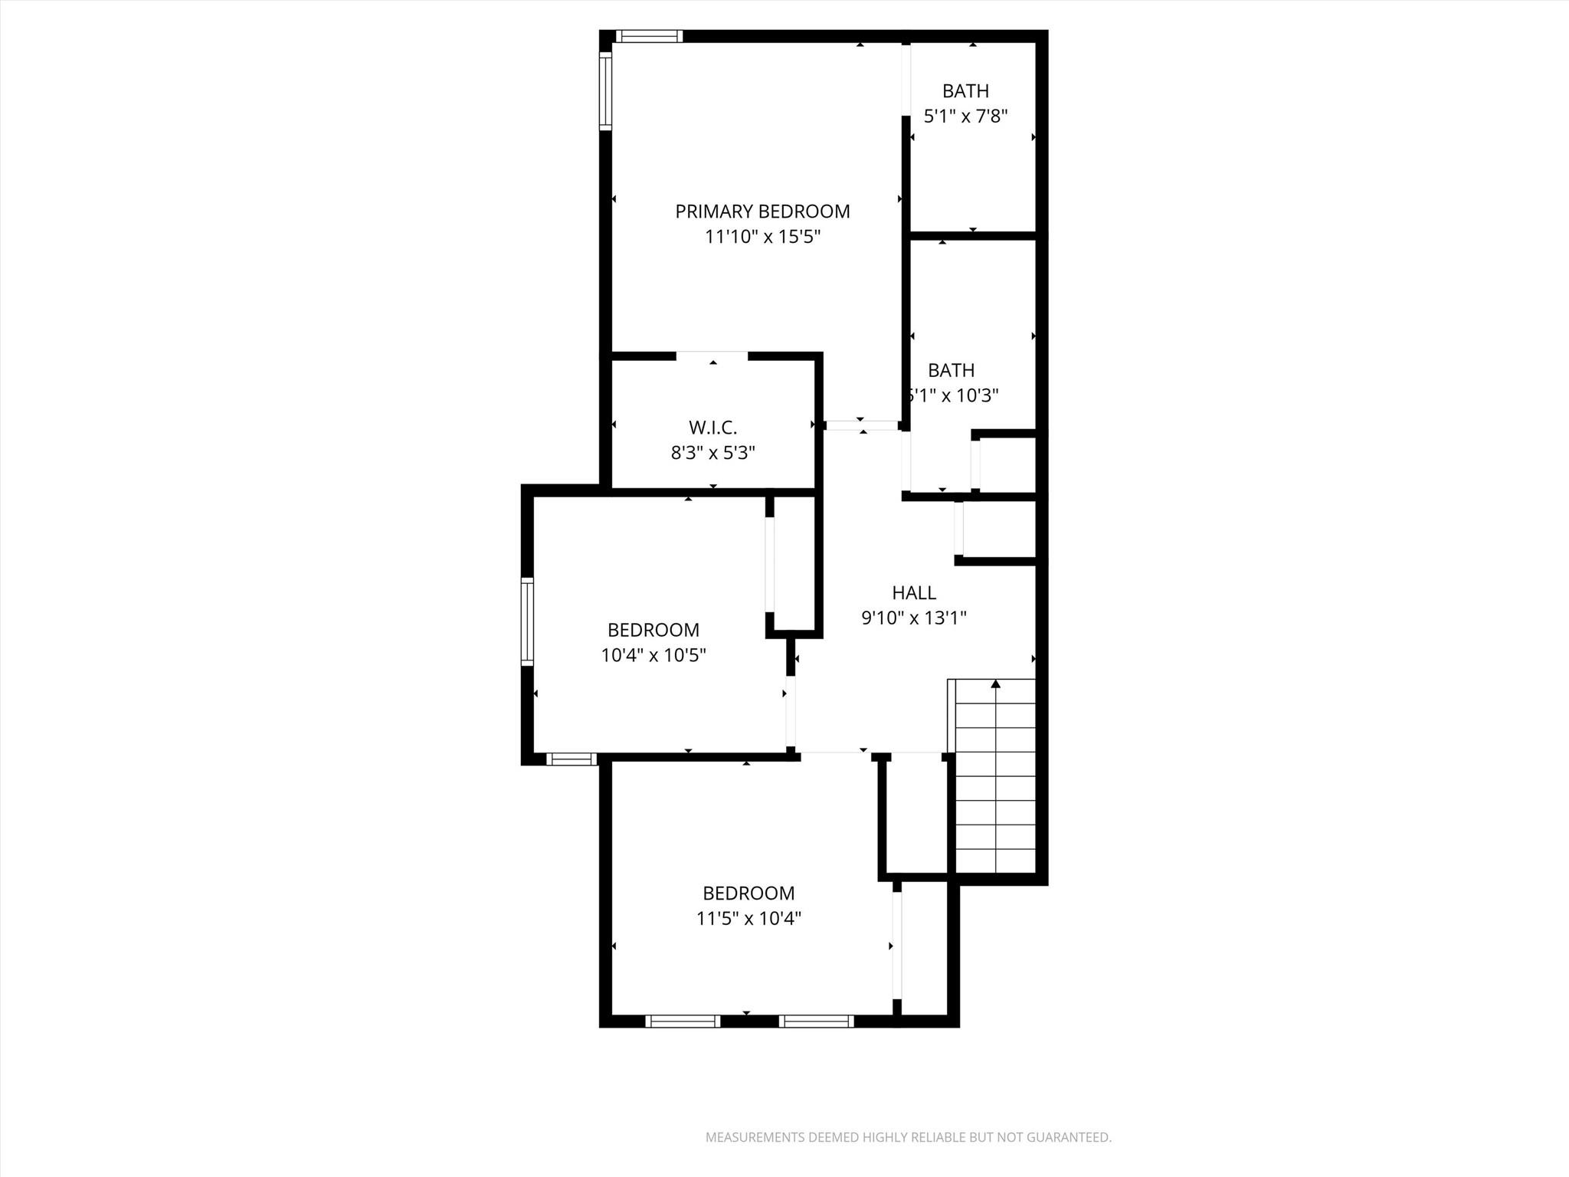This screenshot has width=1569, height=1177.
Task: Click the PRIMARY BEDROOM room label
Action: [x=762, y=211]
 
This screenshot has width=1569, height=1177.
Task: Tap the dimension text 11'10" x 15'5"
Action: [x=762, y=237]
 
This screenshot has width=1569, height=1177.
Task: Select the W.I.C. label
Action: [x=712, y=428]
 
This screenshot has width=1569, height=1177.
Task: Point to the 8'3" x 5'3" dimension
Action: [x=712, y=453]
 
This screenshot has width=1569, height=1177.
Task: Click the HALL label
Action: [x=914, y=592]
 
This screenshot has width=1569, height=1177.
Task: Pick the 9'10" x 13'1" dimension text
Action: [x=914, y=618]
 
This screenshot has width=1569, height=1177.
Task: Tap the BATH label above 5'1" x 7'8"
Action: [x=965, y=91]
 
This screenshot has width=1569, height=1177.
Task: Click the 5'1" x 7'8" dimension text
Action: [x=965, y=116]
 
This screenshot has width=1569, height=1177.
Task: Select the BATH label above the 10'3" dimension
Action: [x=952, y=370]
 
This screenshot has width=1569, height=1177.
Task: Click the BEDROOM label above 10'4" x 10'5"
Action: [x=653, y=630]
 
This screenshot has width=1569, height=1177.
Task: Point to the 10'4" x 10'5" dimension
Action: [x=653, y=655]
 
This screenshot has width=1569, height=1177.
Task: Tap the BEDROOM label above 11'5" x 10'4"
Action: [x=748, y=893]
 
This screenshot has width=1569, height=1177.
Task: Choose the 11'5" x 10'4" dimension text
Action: [x=748, y=918]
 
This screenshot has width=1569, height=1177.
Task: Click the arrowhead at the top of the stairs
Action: [x=996, y=683]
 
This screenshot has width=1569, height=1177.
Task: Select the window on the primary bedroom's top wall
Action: [x=649, y=36]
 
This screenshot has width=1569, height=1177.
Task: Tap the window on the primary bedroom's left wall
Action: [x=605, y=91]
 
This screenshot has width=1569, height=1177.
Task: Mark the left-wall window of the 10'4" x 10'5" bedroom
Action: [x=527, y=621]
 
